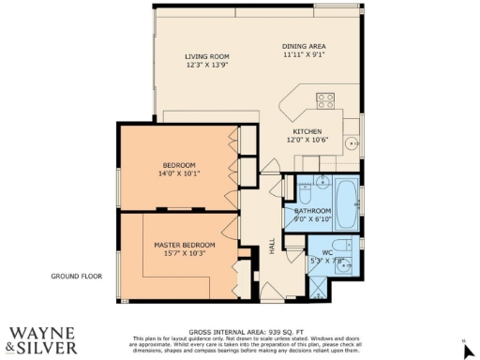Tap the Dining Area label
(x=304, y=46)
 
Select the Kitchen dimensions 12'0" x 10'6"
(x=307, y=140)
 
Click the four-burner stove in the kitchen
(x=325, y=100)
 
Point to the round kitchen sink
(x=351, y=143)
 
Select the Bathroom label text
(x=312, y=211)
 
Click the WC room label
(x=326, y=253)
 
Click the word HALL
(x=272, y=246)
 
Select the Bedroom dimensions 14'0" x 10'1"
(x=180, y=173)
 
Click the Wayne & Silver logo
(x=37, y=340)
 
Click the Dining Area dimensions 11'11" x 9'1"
(x=304, y=54)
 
